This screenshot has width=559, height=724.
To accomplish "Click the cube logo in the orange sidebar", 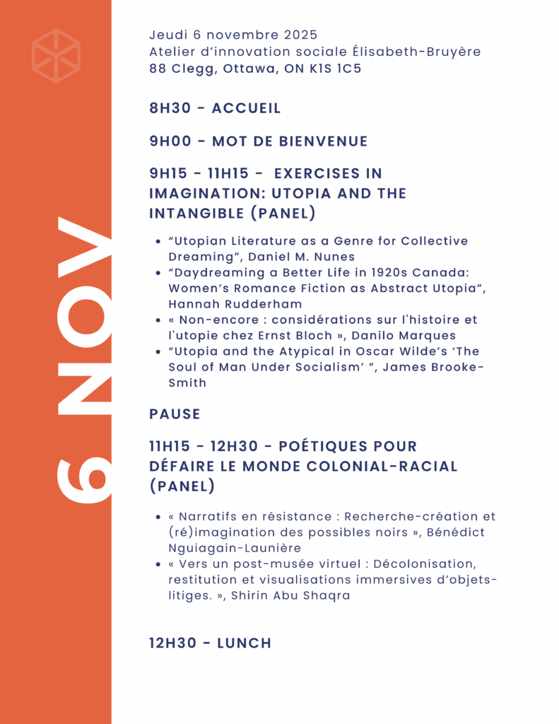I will (56, 56).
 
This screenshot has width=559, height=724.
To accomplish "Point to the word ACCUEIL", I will (246, 108).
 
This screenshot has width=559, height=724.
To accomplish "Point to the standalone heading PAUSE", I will (175, 414).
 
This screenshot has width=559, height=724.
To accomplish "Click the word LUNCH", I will (244, 643).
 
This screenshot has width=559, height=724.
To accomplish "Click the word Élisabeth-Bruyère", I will (401, 52).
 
